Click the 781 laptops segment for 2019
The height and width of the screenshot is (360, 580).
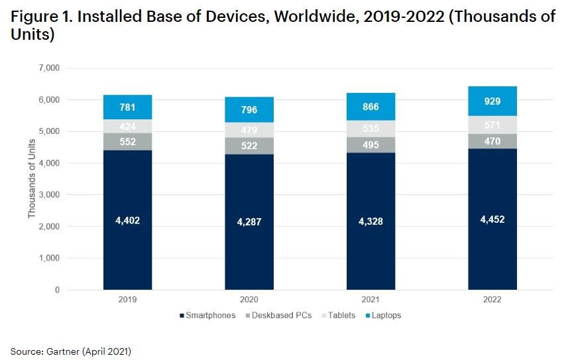127,107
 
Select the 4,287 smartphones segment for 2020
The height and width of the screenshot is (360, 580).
249,222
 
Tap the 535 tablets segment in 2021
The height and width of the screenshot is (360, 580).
371,129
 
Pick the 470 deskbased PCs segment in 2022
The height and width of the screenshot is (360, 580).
492,141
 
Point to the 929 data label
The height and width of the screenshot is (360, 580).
492,101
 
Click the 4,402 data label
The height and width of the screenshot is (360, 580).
127,219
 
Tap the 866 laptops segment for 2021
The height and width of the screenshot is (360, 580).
371,106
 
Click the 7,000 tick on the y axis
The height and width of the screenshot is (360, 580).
50,68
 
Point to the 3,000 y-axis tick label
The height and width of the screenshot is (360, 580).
50,195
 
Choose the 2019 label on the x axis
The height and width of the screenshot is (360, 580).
127,300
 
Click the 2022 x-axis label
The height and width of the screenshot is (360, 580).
492,300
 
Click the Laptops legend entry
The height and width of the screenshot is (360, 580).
384,316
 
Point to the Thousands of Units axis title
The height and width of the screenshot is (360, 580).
31,179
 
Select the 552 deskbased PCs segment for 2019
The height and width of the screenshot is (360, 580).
127,142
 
